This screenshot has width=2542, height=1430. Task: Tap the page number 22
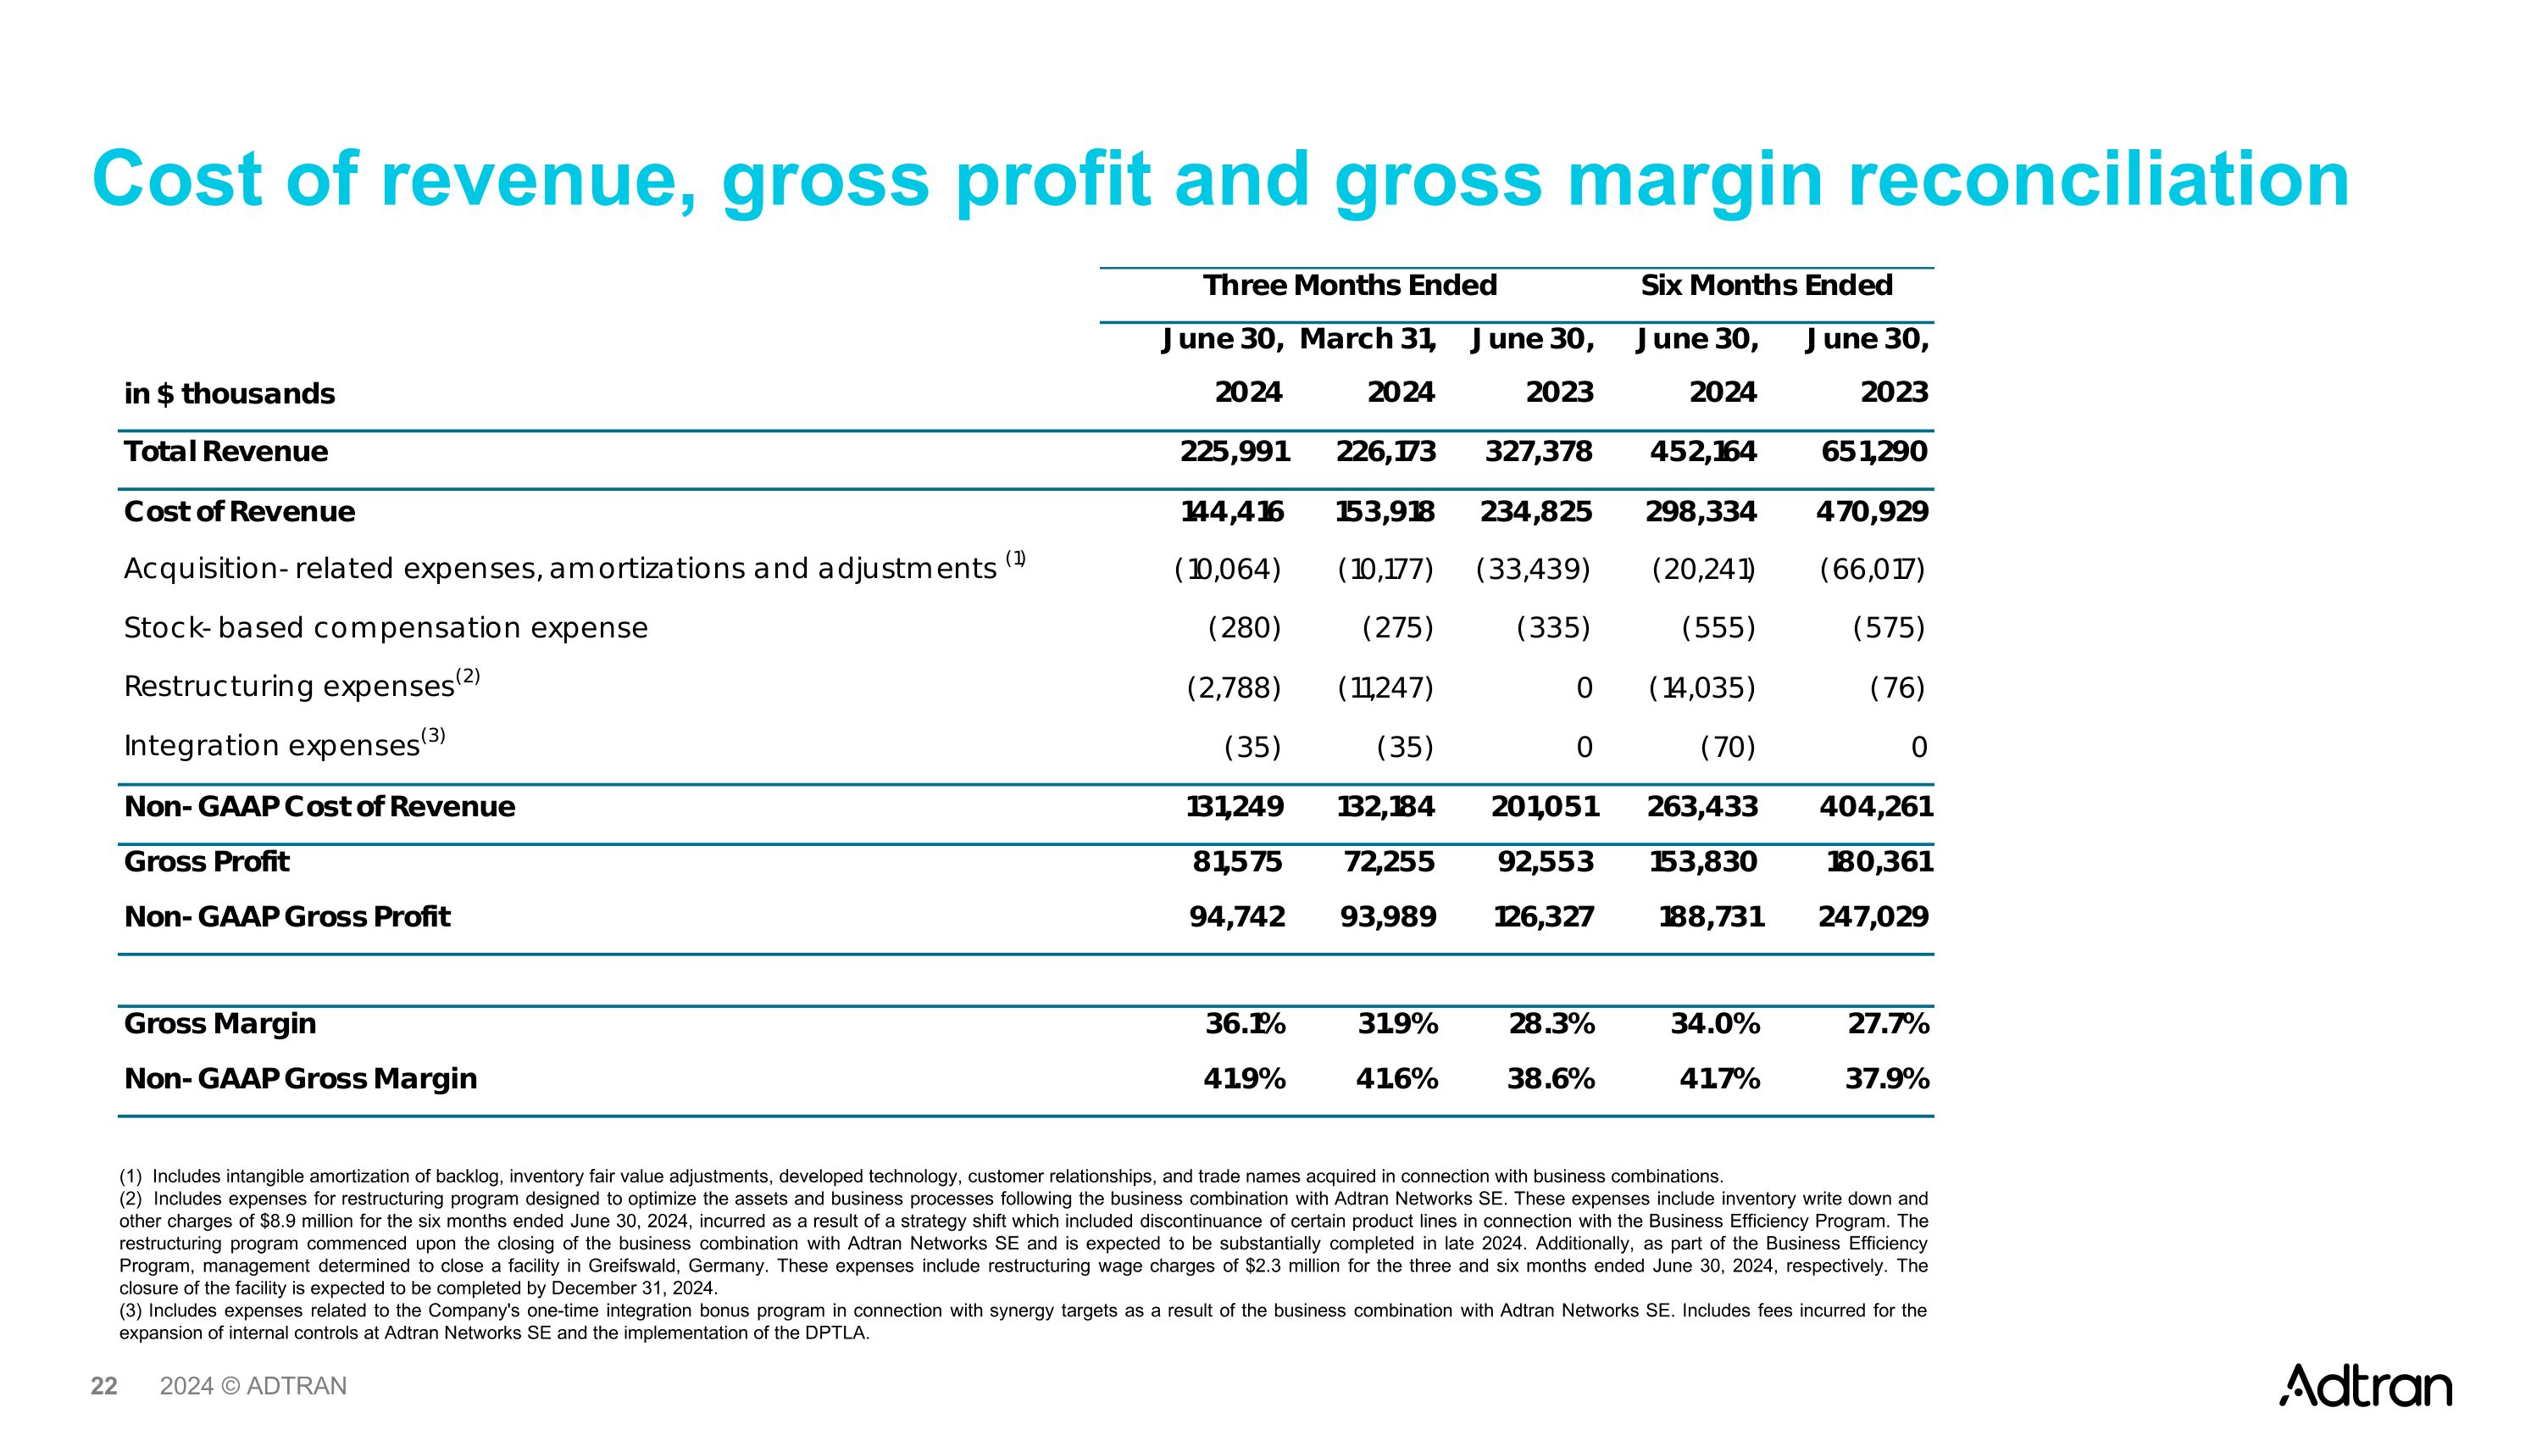103,1387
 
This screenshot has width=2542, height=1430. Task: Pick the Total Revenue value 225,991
1235,452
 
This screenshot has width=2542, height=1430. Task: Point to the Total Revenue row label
226,452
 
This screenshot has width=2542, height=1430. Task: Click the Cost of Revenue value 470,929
1872,512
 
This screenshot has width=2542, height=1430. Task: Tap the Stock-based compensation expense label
386,629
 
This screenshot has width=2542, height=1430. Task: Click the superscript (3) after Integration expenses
433,735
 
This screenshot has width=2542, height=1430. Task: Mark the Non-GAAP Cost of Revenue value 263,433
1702,807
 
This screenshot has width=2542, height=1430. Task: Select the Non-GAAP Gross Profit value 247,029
1873,918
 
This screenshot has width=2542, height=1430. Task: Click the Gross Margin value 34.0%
1715,1024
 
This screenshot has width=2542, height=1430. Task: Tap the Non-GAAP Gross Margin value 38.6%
1551,1080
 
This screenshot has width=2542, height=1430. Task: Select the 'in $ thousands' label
229,394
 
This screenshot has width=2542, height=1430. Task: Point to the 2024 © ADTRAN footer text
253,1387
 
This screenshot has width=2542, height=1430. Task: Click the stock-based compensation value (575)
1889,629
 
